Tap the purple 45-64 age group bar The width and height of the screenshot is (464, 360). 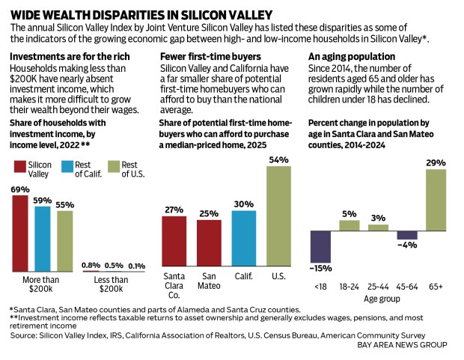point(407,235)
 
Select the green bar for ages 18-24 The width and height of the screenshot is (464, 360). point(349,225)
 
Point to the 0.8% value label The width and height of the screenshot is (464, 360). point(90,264)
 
